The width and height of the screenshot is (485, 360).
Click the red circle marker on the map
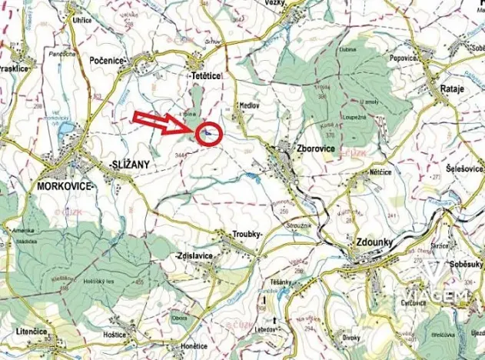pyautogui.click(x=210, y=135)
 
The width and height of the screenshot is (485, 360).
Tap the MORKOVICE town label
pyautogui.click(x=65, y=186)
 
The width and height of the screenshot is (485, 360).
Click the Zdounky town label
pyautogui.click(x=374, y=242)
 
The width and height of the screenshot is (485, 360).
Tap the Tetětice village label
pyautogui.click(x=206, y=78)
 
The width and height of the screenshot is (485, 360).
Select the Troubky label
pyautogui.click(x=247, y=233)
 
